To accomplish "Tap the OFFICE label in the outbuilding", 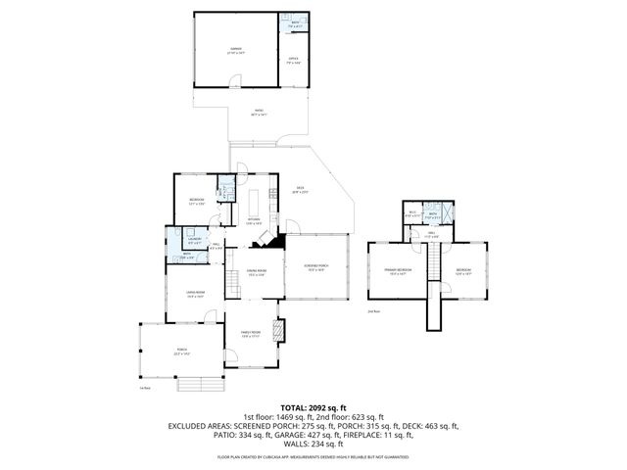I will point(293,61).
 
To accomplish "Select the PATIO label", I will point(259,114).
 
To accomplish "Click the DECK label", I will point(300,190).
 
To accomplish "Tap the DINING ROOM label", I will point(257,272).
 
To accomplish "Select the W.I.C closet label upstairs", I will point(413,213).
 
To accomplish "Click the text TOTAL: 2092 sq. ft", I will point(313,407).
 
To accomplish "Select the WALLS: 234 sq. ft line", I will point(313,444).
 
